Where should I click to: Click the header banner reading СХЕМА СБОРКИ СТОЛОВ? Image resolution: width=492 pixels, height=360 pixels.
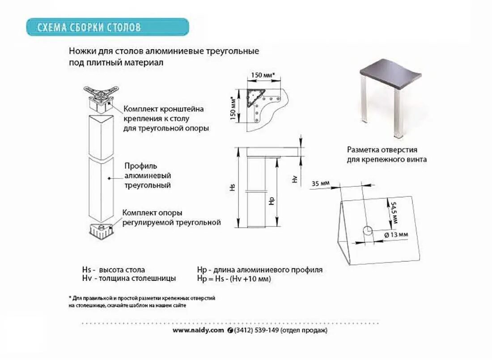107,27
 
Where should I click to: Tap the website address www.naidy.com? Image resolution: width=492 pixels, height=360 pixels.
198,330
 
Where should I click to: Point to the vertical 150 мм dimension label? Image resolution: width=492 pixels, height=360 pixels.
233,109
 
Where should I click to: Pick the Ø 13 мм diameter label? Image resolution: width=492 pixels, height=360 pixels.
396,234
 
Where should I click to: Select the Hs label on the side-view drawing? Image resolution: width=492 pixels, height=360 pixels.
233,187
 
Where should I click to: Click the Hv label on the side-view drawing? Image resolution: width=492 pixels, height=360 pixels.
294,179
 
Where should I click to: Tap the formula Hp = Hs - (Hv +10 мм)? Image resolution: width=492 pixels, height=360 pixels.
234,279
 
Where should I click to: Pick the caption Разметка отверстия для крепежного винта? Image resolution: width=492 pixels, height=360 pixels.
386,155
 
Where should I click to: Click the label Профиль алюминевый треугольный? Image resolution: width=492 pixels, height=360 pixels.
148,175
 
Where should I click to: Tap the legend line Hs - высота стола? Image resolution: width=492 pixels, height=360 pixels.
114,270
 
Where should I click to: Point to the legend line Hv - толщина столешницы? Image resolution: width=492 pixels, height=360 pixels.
129,278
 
